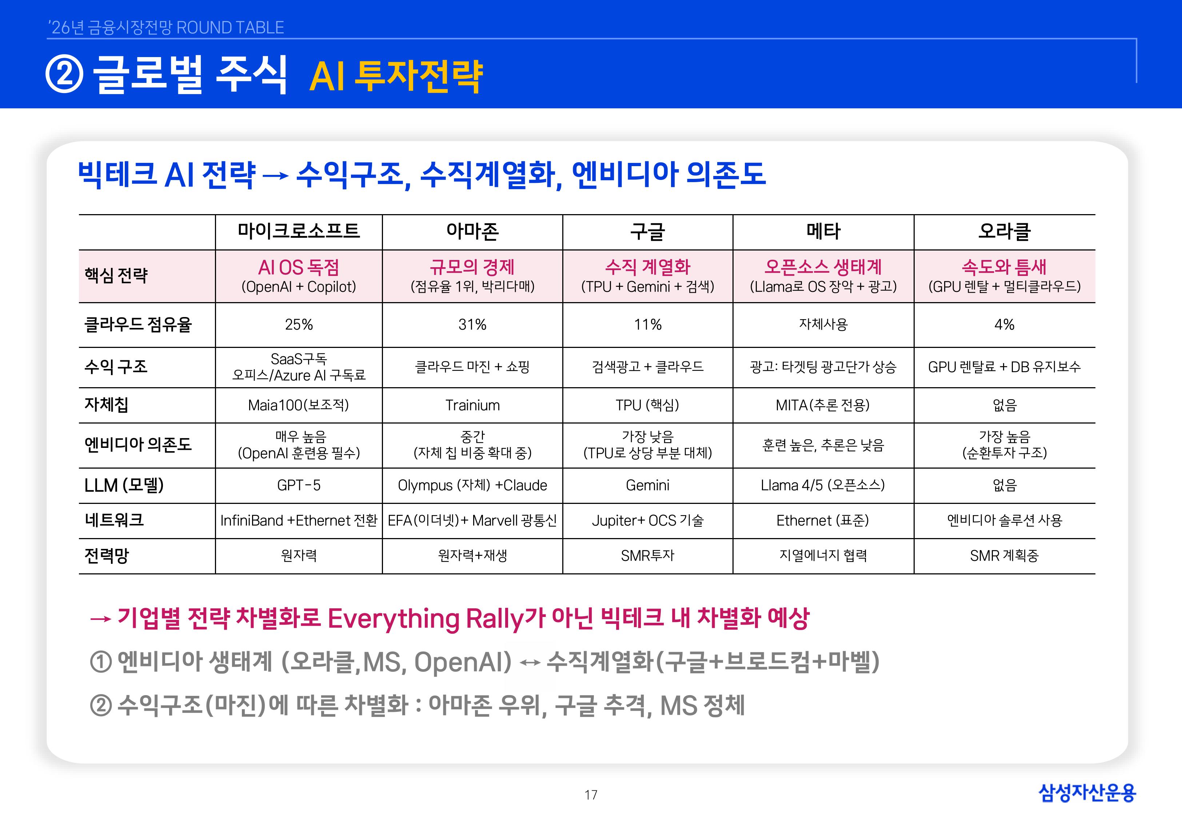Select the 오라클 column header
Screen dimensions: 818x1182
click(1004, 231)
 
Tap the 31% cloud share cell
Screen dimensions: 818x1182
click(472, 324)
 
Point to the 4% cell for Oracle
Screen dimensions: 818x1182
click(1004, 324)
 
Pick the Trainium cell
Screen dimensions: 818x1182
click(472, 405)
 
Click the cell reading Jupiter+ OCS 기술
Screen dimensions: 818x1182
click(647, 521)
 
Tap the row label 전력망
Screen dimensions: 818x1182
click(107, 556)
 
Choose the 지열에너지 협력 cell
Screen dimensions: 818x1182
click(823, 556)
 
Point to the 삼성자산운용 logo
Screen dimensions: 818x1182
click(1087, 793)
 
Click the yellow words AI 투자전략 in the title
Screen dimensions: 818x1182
click(396, 76)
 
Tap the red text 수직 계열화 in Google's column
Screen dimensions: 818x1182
click(647, 267)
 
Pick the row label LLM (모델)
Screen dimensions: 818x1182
click(124, 485)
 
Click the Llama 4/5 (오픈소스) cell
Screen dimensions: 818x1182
click(823, 485)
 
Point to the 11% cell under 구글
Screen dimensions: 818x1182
click(647, 324)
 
